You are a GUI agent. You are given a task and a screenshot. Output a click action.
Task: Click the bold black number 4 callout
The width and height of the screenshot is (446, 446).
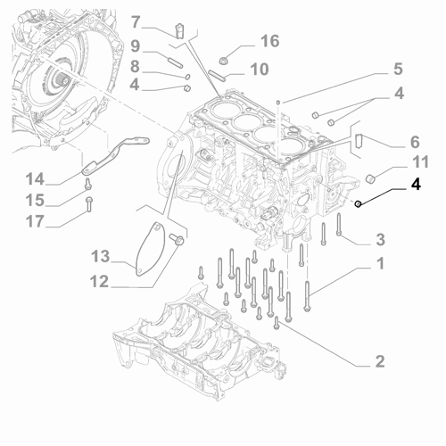click(x=416, y=185)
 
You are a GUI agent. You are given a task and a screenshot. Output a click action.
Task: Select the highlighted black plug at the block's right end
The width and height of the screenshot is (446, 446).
click(x=359, y=203)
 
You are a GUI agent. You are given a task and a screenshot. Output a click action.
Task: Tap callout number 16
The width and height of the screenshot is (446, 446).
click(x=270, y=41)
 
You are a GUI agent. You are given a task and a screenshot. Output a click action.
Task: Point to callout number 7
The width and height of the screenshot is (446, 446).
click(x=136, y=22)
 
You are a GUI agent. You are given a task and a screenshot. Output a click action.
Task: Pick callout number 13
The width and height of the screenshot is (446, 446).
click(x=101, y=256)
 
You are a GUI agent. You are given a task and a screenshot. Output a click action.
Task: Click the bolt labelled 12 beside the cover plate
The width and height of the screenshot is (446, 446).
click(x=176, y=239)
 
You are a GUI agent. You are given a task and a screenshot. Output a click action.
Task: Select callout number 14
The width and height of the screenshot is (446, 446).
click(x=35, y=179)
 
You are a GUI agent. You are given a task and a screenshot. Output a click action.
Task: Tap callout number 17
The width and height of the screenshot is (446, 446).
click(x=35, y=221)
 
